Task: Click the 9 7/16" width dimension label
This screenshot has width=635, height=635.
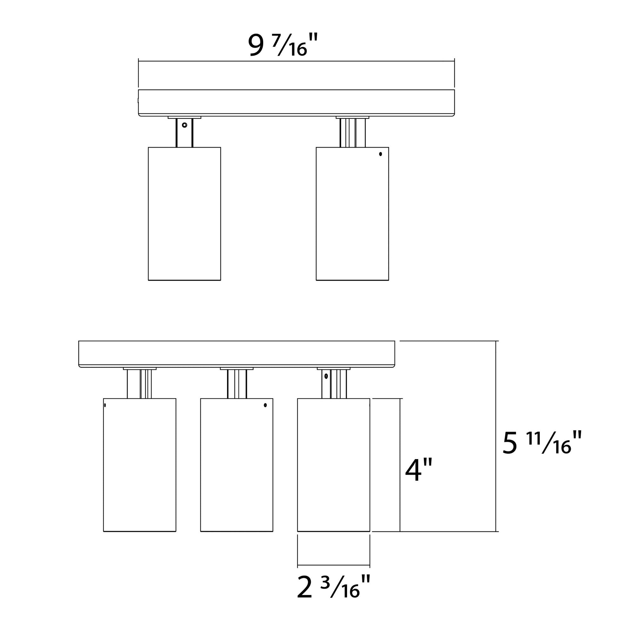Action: [x=283, y=45]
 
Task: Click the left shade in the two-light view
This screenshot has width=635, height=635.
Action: [x=184, y=214]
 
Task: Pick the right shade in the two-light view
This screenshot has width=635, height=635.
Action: [x=352, y=214]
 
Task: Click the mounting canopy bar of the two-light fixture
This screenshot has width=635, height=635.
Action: [x=297, y=103]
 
